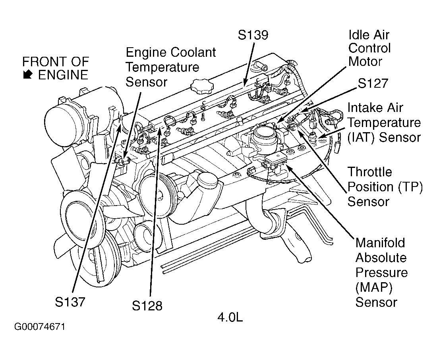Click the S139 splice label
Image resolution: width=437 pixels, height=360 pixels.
pos(253,35)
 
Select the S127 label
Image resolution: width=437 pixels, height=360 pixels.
pos(372,83)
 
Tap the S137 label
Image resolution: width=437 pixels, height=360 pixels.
pos(70,302)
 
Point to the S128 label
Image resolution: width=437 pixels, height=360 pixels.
pos(147,306)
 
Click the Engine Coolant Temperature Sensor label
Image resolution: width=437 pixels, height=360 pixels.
pos(171,67)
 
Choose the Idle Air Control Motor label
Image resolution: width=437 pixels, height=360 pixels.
pos(369,48)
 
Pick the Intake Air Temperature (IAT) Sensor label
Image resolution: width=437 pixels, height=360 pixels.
pos(384,123)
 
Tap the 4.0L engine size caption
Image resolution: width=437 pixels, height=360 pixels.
pos(230,317)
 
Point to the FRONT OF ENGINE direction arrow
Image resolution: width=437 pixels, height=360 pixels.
pos(28,74)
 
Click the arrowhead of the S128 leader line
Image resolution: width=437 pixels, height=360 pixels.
pos(160,130)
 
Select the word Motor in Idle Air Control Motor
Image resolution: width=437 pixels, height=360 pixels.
pos(365,62)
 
